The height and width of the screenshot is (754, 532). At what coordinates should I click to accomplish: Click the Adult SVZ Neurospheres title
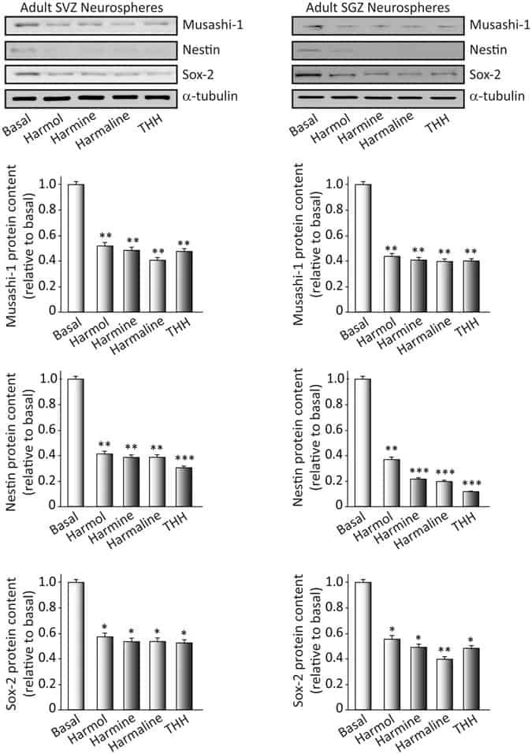click(87, 6)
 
